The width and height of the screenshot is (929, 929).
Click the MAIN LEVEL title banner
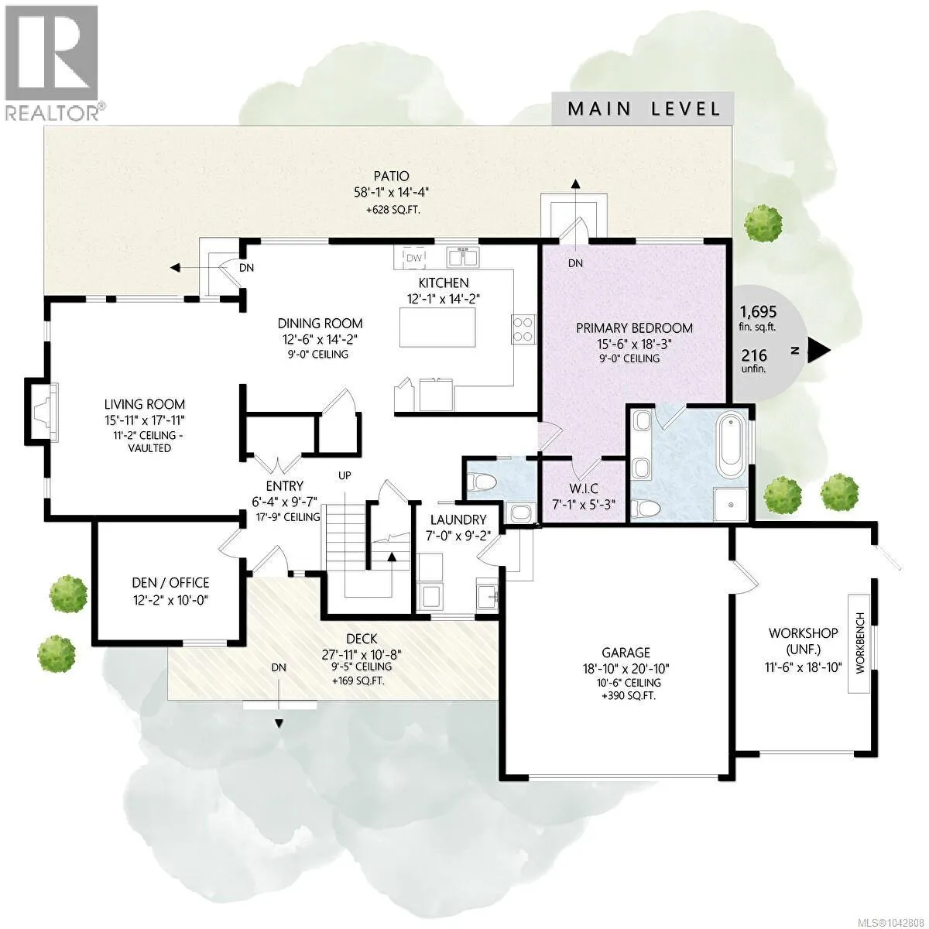[x=643, y=109]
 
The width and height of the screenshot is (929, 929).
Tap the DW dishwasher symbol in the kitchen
[x=413, y=258]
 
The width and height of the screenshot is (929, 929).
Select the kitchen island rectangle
[x=437, y=327]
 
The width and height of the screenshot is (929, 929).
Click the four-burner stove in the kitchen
[x=523, y=329]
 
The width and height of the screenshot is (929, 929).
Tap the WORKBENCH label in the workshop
[x=861, y=643]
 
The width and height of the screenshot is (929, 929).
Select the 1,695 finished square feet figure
[x=759, y=311]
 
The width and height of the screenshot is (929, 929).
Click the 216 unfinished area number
[x=754, y=355]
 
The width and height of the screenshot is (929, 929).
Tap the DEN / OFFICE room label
[x=170, y=583]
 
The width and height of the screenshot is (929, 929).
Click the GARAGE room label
[x=626, y=653]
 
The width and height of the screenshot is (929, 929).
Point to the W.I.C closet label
[x=584, y=488]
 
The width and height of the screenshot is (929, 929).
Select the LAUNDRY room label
[x=458, y=519]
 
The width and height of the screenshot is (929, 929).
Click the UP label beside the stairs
[x=345, y=475]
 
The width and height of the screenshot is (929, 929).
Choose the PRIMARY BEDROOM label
[x=635, y=328]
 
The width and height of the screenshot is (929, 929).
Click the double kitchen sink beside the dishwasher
[x=462, y=257]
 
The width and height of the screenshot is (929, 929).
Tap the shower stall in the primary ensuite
[x=731, y=504]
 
